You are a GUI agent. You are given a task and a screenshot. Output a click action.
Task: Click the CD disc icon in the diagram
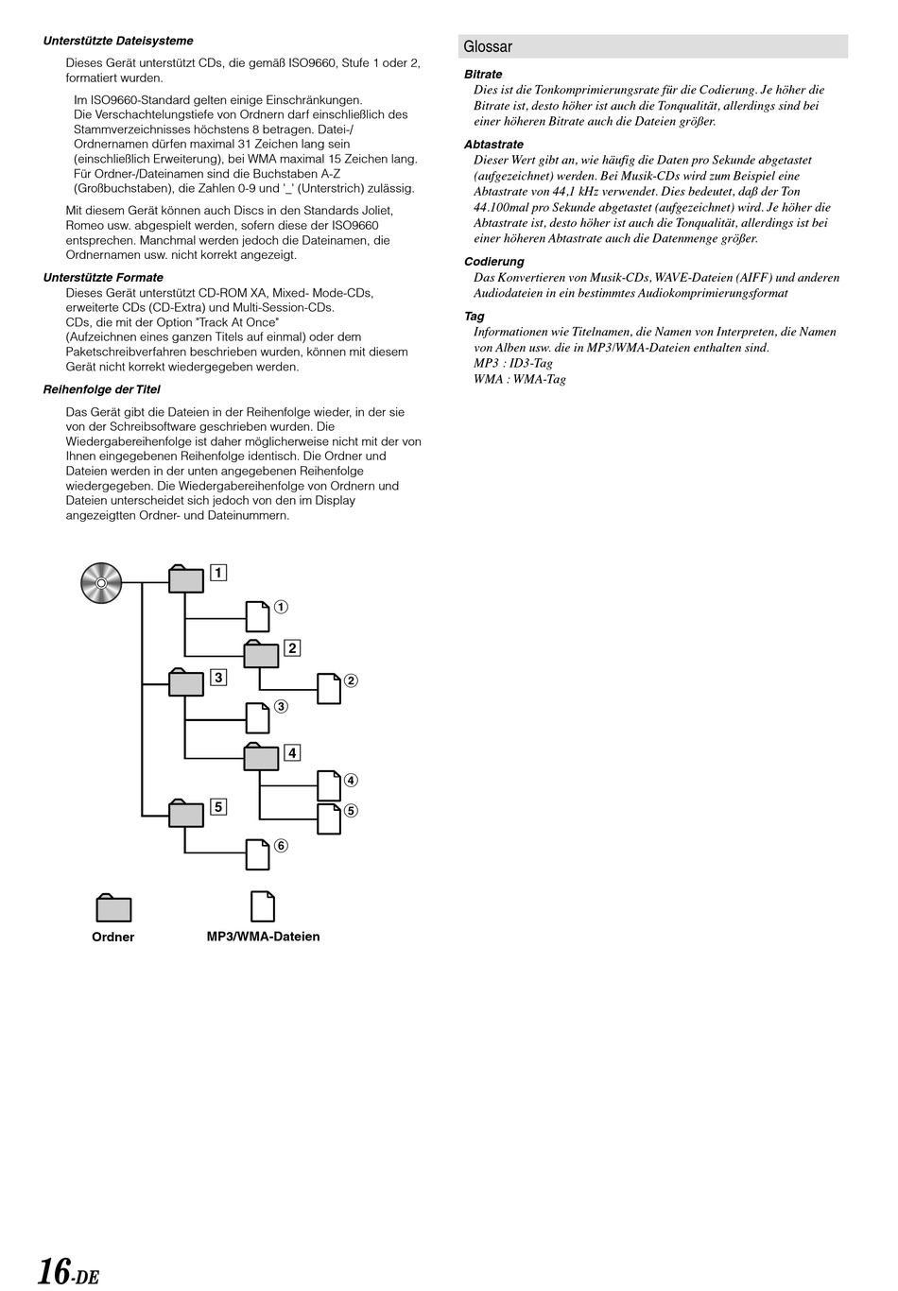102,582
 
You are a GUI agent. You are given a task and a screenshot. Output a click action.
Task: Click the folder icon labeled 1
186,579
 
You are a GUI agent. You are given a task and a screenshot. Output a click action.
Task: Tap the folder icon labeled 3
186,682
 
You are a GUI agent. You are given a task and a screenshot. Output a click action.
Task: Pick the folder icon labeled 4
262,757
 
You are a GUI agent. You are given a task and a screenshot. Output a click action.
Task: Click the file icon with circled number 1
257,616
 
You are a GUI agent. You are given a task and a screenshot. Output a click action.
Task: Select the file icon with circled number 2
328,689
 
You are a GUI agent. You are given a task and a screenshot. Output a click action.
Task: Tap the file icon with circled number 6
257,854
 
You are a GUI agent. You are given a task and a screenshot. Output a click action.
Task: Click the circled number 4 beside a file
351,781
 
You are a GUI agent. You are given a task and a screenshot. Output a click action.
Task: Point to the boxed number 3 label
218,677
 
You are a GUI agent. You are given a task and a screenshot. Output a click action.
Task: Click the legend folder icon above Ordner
113,908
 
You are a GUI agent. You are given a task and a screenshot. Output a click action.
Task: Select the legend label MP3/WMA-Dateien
263,937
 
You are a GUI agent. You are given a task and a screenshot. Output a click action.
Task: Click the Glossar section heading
488,46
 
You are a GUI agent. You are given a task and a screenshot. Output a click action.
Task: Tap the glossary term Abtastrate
493,145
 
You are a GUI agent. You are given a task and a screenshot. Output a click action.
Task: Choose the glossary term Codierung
493,262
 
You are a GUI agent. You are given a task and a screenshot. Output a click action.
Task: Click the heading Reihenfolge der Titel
102,389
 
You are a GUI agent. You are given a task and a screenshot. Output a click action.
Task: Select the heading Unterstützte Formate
103,278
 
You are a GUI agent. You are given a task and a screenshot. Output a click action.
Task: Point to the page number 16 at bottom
55,1271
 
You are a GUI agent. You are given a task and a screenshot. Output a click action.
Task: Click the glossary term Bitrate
483,75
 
